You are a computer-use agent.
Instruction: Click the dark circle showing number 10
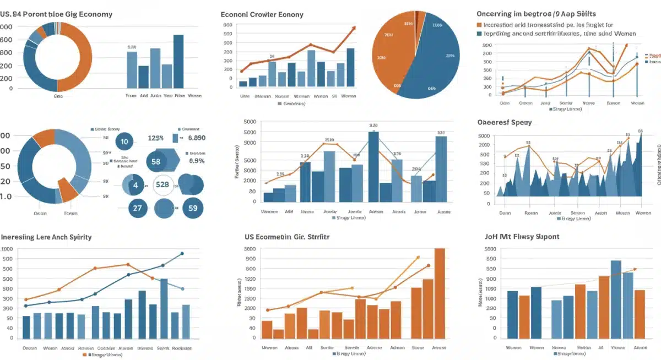click(x=124, y=141)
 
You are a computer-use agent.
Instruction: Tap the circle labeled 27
click(x=138, y=209)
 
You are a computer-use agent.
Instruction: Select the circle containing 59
click(x=193, y=209)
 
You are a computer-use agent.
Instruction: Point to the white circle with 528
click(x=162, y=185)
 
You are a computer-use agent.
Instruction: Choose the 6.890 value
click(x=197, y=138)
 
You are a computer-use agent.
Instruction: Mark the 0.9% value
click(x=197, y=161)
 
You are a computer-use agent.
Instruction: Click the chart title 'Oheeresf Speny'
click(x=505, y=122)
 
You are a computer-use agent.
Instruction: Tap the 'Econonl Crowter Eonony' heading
click(x=262, y=14)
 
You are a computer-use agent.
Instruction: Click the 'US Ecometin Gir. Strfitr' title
click(x=287, y=237)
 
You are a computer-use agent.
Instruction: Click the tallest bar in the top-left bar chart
click(x=178, y=61)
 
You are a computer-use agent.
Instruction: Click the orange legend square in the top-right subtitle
click(x=479, y=25)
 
